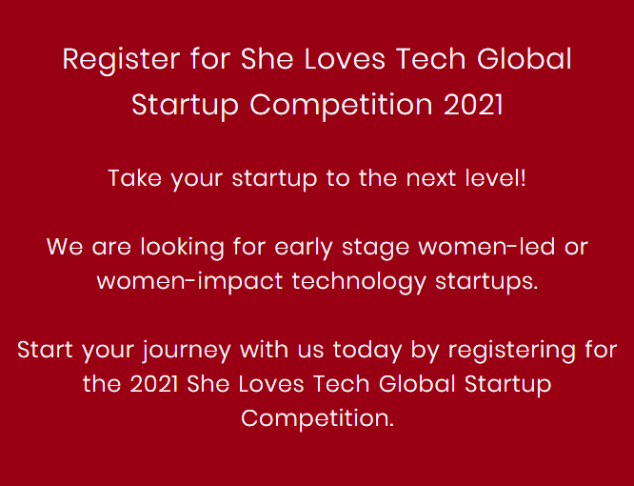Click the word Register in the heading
click(121, 60)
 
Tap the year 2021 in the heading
click(473, 105)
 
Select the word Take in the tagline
click(134, 177)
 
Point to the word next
click(430, 178)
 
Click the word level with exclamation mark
click(495, 177)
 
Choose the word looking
click(182, 247)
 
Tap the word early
click(304, 247)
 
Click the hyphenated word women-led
click(486, 247)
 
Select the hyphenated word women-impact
click(189, 282)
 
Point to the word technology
click(359, 282)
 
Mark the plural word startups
click(486, 282)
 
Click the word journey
click(187, 351)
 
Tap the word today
click(367, 351)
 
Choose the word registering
click(512, 351)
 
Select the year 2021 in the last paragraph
click(153, 384)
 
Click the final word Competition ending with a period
click(317, 418)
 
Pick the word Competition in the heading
click(342, 105)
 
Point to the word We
click(65, 247)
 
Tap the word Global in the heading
click(525, 59)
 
